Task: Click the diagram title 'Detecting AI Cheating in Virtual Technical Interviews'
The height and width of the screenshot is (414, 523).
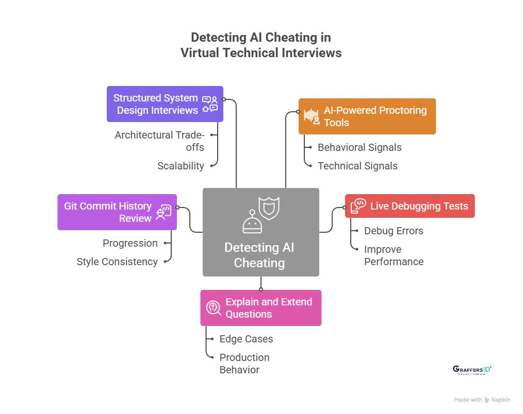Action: [x=261, y=45]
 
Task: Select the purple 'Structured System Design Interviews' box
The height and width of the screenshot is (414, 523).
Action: [x=165, y=104]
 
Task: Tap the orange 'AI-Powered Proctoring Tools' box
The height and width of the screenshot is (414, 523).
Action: [x=367, y=116]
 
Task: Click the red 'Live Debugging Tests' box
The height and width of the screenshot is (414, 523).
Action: [x=410, y=206]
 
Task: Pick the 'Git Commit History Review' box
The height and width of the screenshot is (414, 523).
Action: [x=117, y=212]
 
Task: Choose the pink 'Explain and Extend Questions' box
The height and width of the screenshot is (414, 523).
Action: [x=260, y=308]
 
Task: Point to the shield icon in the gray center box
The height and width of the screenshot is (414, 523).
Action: [x=268, y=208]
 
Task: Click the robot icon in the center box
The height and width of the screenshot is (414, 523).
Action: [x=252, y=222]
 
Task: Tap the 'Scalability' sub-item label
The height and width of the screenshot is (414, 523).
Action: [x=181, y=166]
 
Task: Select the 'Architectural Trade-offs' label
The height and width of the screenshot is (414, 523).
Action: [x=159, y=141]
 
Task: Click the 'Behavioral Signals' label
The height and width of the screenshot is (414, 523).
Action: [x=359, y=147]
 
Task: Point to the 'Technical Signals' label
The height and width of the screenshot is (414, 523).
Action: [x=357, y=166]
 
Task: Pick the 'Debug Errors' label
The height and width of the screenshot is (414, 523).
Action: [x=394, y=231]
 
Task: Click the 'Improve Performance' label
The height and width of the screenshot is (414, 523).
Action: [x=394, y=255]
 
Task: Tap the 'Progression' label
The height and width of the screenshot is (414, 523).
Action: [x=130, y=243]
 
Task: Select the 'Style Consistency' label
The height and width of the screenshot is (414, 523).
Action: [x=117, y=262]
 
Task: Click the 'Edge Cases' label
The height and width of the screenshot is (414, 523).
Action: [x=246, y=339]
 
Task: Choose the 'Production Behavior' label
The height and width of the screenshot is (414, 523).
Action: [x=244, y=364]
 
